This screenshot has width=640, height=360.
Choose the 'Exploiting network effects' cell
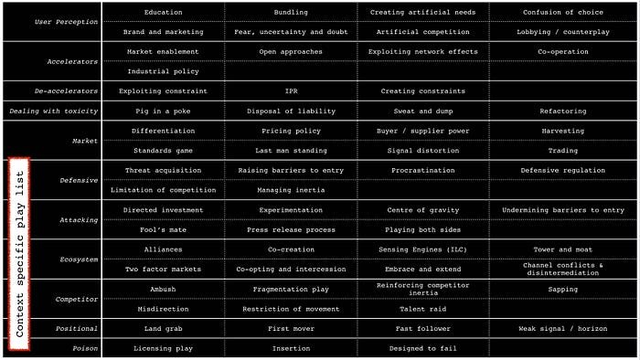pyautogui.click(x=422, y=52)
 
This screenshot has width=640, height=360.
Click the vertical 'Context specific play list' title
pyautogui.click(x=20, y=248)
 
